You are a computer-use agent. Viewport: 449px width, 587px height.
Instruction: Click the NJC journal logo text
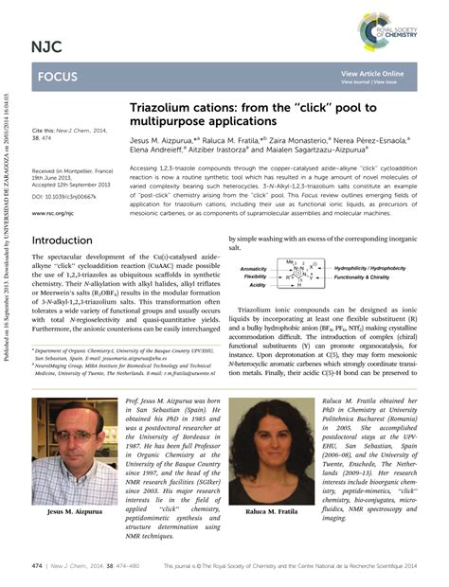pyautogui.click(x=46, y=45)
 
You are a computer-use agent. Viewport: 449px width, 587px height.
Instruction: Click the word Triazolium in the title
pyautogui.click(x=163, y=110)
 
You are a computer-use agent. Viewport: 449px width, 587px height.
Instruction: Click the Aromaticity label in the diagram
pyautogui.click(x=253, y=268)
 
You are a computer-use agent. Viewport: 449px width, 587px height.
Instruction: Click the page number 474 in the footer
pyautogui.click(x=38, y=565)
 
